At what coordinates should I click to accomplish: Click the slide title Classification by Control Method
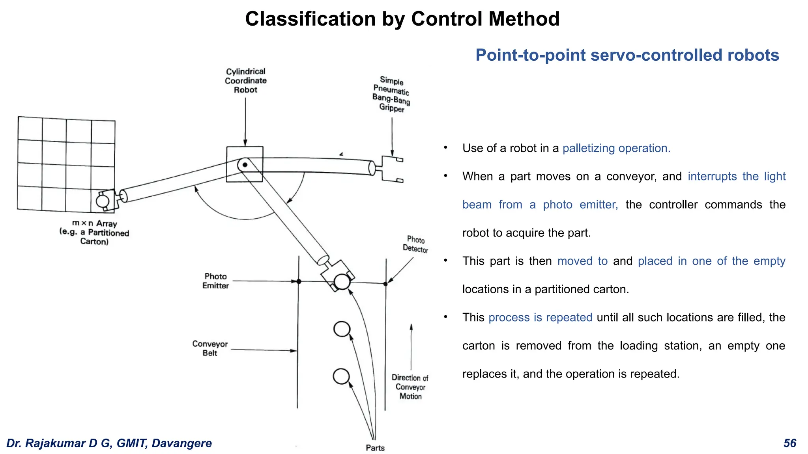(x=402, y=19)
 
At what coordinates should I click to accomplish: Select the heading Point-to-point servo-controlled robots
(x=627, y=55)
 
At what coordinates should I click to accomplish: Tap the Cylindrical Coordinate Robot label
(x=245, y=81)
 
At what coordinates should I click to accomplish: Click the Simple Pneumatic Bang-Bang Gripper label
(x=391, y=95)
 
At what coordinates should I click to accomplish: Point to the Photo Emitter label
(x=215, y=281)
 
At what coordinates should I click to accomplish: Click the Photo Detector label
(x=415, y=244)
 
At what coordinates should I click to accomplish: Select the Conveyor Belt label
(x=210, y=348)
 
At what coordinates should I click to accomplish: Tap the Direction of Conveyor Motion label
(x=410, y=387)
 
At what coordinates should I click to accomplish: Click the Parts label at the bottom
(x=375, y=448)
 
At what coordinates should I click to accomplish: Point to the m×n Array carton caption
(x=95, y=233)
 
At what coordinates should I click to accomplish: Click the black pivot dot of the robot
(x=245, y=165)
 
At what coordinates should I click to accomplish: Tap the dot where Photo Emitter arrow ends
(x=299, y=281)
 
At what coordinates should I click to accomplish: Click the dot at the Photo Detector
(x=385, y=284)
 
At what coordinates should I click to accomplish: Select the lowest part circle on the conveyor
(x=341, y=376)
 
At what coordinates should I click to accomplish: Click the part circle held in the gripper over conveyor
(x=342, y=282)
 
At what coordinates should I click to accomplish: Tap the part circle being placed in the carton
(x=103, y=201)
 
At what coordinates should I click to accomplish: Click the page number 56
(x=789, y=443)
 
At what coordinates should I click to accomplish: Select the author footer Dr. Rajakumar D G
(x=109, y=443)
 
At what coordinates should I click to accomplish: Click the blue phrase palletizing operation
(x=616, y=148)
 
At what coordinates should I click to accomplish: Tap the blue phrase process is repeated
(x=540, y=318)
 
